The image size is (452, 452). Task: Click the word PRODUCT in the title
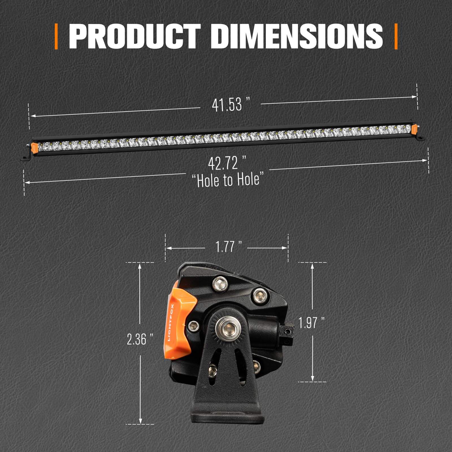click(135, 37)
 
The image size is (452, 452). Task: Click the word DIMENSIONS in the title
click(297, 37)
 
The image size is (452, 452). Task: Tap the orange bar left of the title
click(56, 37)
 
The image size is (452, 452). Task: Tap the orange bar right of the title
click(396, 37)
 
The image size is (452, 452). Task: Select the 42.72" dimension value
click(227, 164)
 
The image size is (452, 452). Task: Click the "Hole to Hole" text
click(228, 180)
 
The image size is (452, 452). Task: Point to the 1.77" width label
click(228, 247)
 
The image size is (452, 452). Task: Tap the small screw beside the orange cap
click(193, 326)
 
